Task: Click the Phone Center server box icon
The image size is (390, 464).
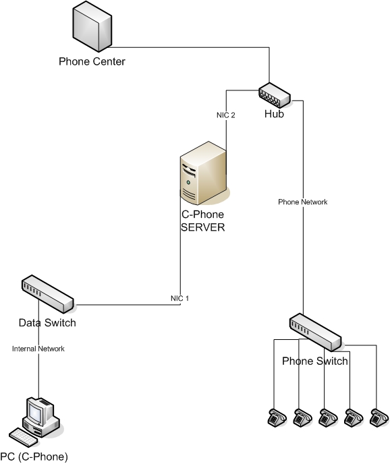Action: point(92,26)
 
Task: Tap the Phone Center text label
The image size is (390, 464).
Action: point(92,61)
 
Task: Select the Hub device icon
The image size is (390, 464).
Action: point(275,95)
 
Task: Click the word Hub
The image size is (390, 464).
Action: point(274,114)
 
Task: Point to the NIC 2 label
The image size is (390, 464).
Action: point(225,115)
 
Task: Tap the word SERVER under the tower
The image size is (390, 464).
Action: point(203,227)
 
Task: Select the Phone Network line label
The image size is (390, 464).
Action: point(303,202)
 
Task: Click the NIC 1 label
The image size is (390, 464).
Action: point(179,298)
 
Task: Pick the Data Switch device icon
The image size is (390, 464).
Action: point(47,294)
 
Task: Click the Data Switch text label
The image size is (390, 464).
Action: point(47,322)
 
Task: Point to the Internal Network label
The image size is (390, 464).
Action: point(38,349)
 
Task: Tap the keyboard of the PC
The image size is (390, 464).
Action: point(24,438)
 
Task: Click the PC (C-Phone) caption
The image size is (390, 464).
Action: point(34,457)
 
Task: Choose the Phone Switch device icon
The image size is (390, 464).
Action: point(315,332)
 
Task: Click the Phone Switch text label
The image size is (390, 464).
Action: point(315,361)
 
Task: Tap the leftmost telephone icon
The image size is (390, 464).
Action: point(277,417)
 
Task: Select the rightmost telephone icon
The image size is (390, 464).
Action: point(379,417)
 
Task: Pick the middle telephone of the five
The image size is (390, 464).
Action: point(328,417)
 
